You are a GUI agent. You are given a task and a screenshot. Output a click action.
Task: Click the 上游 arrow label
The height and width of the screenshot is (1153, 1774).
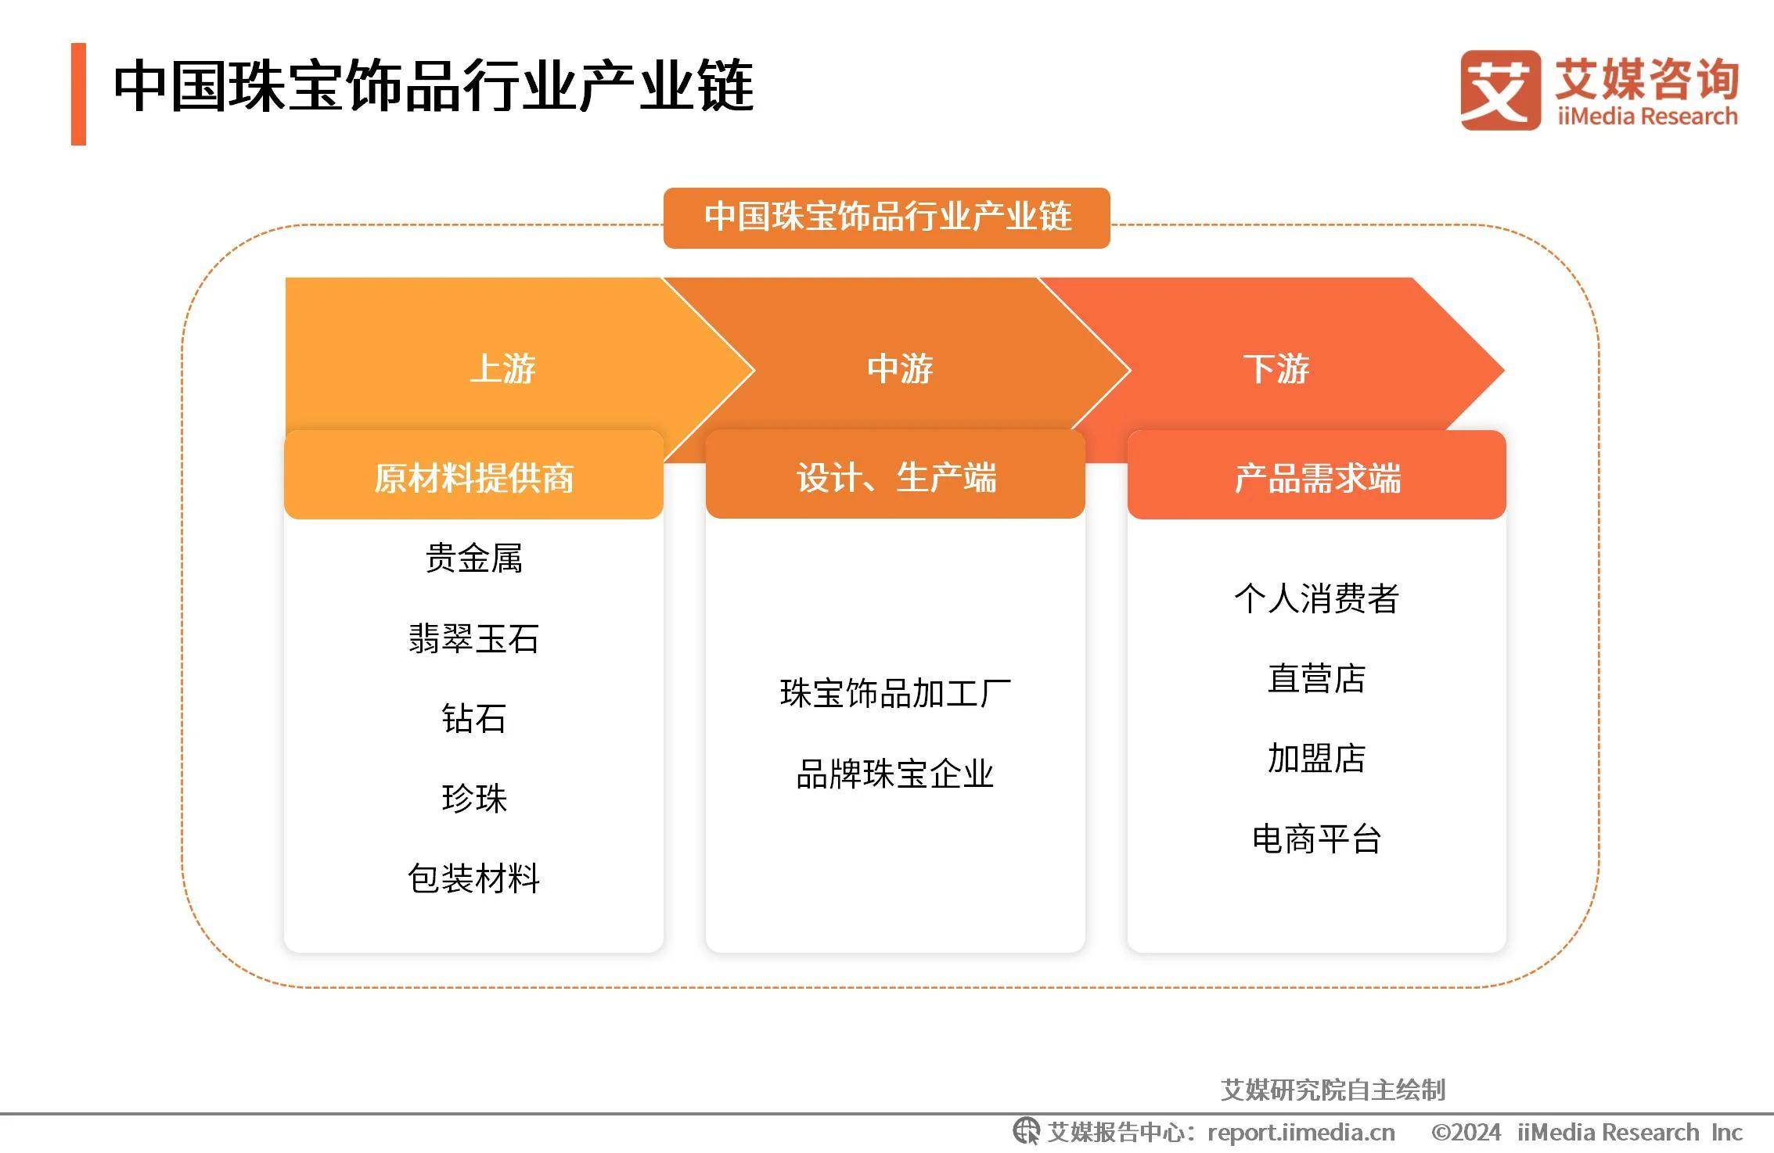502,368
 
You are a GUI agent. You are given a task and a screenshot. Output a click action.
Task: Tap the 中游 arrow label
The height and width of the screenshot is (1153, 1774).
900,368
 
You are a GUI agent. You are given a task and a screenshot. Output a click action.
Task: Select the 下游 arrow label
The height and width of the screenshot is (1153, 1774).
1276,368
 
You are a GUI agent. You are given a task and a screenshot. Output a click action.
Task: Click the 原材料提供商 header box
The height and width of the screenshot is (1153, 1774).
473,475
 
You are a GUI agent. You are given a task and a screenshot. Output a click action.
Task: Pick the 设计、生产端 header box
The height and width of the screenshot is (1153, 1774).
895,475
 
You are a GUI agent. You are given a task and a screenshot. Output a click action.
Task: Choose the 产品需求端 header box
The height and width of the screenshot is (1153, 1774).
1317,475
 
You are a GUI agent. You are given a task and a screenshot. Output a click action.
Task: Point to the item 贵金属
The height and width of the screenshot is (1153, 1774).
473,559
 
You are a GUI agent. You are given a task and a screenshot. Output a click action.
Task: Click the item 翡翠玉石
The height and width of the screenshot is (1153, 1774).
473,638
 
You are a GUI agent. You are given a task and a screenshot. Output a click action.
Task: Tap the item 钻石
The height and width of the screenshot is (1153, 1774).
473,718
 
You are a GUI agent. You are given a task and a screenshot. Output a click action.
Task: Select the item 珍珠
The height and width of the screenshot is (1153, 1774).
473,799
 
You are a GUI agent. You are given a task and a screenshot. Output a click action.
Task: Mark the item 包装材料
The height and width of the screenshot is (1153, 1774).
473,878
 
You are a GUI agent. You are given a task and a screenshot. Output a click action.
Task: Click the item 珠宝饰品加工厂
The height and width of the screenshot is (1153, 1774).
895,694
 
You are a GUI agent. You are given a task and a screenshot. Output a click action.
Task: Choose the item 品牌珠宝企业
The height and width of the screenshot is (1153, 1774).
895,774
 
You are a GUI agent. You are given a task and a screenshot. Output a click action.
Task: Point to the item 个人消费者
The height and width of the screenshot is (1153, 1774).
1317,598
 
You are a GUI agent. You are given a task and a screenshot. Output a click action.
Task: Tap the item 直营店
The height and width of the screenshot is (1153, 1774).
1317,678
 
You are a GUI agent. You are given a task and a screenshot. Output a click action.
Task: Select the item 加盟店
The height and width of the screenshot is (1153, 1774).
1317,758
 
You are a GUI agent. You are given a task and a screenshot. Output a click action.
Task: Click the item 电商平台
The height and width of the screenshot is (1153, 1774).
1317,839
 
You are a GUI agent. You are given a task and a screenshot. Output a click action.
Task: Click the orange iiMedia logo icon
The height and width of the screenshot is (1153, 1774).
1500,90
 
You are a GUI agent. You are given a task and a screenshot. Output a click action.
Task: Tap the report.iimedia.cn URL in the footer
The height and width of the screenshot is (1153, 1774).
1301,1132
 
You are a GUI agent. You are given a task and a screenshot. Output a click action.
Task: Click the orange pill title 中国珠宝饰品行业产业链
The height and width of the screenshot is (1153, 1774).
887,217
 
